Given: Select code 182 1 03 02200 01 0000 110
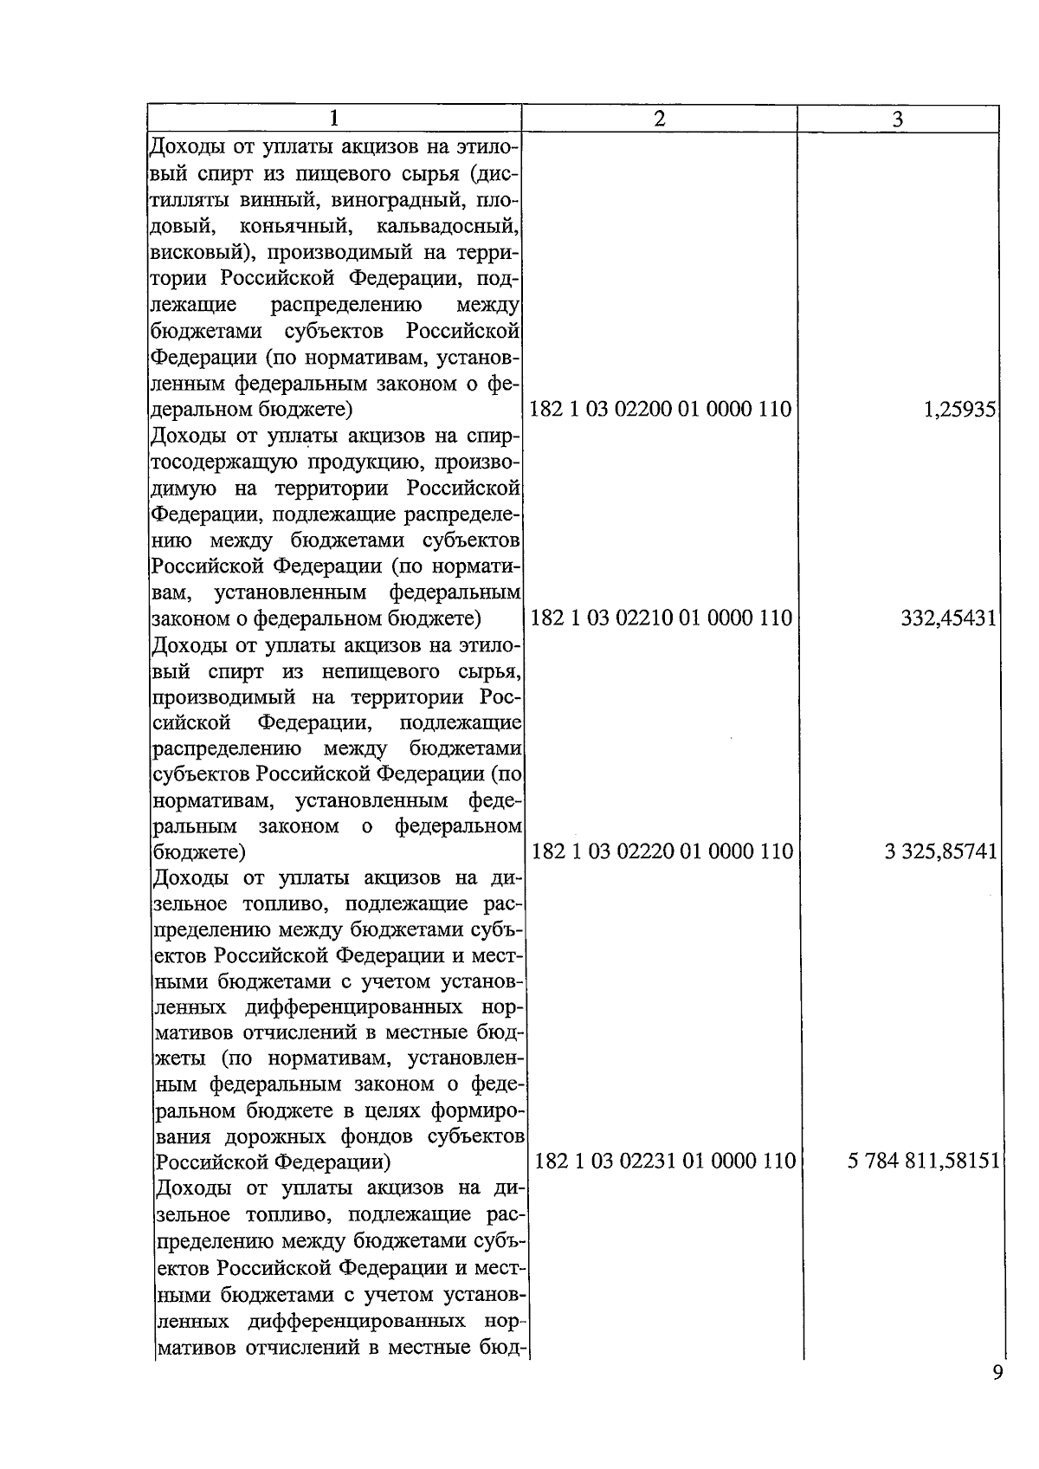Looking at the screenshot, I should [660, 409].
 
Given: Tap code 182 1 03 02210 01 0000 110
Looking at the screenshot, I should [660, 618].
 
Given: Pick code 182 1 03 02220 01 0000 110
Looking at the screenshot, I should [661, 851].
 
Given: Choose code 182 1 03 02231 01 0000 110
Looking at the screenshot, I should [665, 1161].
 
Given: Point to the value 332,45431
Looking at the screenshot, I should [948, 618].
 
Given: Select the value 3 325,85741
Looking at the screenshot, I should [940, 851].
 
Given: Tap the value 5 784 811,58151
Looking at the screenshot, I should [924, 1161].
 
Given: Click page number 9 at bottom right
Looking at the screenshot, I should [997, 1373].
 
